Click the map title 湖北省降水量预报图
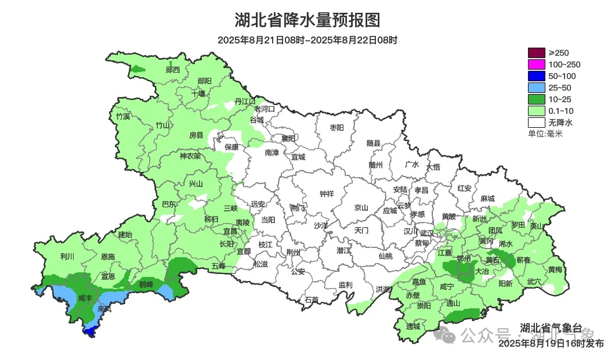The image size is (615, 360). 307,20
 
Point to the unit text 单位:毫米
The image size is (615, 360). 545,134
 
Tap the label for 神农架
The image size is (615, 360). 190,156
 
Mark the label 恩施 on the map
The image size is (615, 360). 107,256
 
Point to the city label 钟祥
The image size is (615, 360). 327,195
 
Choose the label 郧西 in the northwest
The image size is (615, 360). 172,70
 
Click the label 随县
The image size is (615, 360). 373,143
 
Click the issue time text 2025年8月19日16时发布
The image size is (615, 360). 551,344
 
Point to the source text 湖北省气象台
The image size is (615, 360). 545,326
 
